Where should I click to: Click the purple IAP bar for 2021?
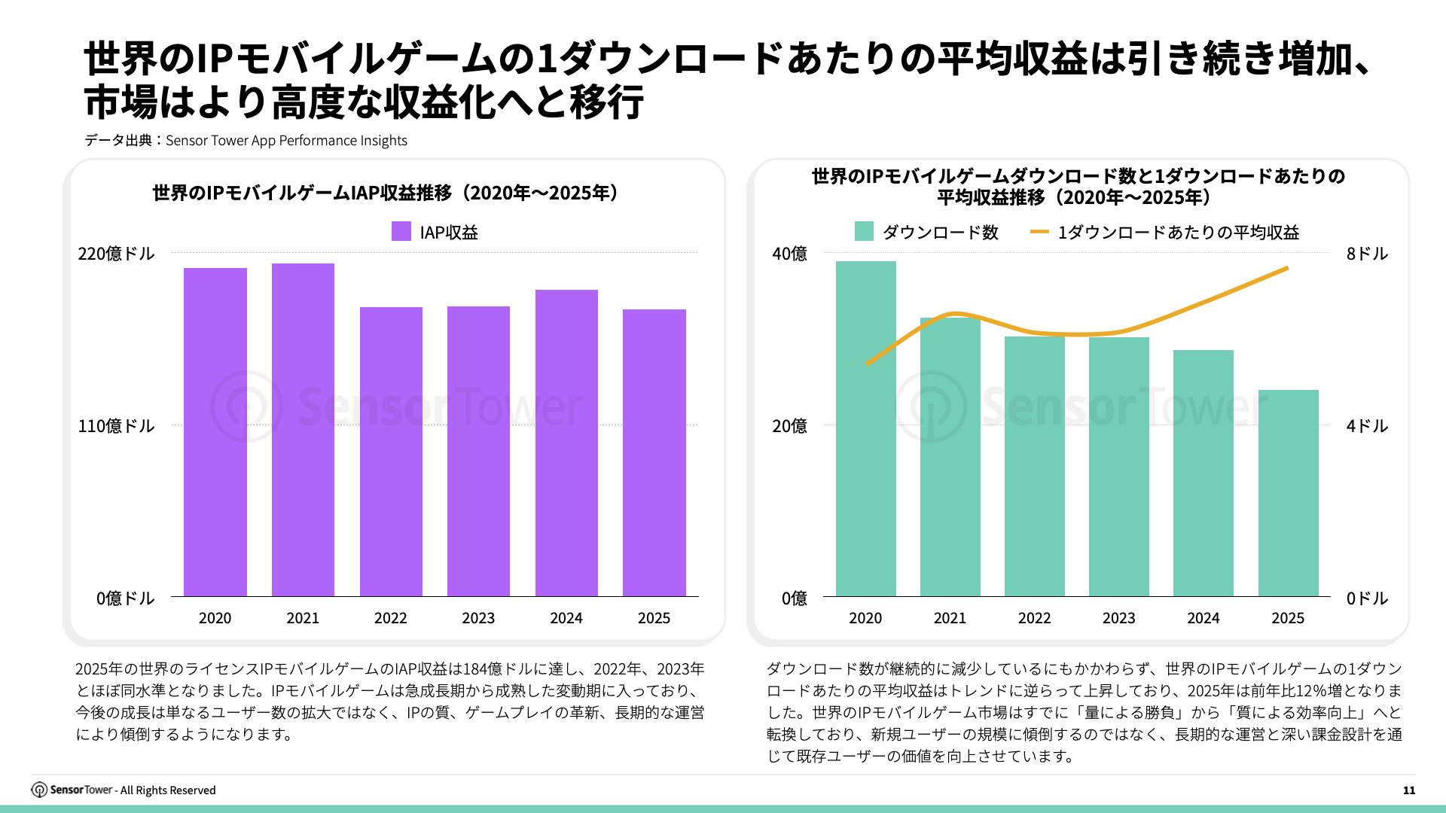pos(303,430)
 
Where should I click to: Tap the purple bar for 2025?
pos(654,452)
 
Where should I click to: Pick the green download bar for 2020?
pos(865,428)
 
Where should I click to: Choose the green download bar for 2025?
pos(1288,493)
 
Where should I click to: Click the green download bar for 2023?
pos(1118,467)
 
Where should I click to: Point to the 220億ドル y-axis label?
pos(116,254)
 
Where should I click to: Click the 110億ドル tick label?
pos(116,426)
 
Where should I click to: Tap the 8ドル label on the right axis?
pos(1367,254)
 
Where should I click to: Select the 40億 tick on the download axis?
pos(789,254)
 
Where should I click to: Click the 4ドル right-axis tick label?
pos(1367,426)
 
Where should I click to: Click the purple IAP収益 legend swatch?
pos(401,231)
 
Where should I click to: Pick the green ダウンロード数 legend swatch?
pos(864,231)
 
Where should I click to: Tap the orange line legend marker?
pos(1039,232)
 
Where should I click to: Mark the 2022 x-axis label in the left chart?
pos(390,618)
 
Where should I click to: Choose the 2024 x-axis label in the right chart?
pos(1203,618)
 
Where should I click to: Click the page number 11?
pos(1409,790)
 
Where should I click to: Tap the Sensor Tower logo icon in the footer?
pos(39,790)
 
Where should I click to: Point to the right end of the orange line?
pos(1287,268)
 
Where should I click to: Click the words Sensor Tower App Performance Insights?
pos(286,141)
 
